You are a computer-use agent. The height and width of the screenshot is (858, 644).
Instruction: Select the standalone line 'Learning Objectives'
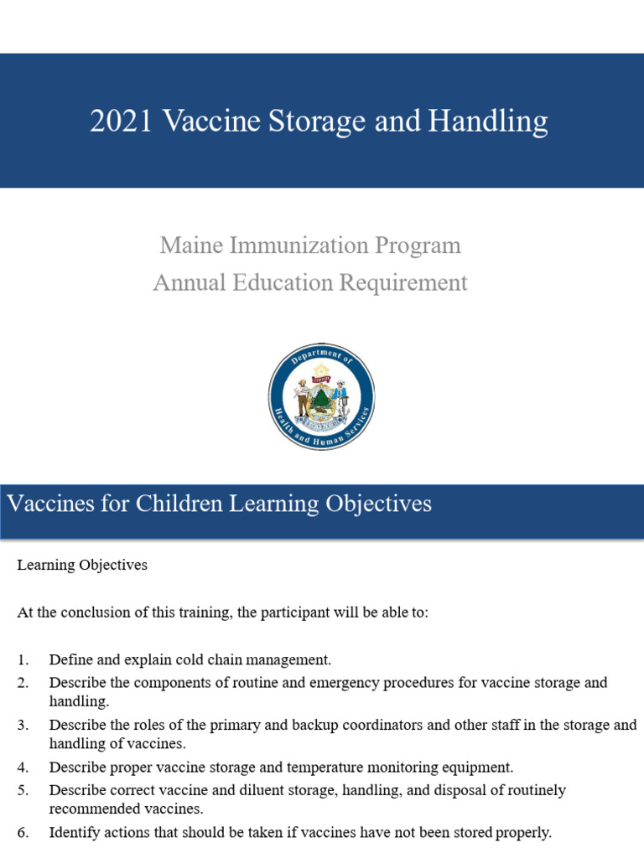82,565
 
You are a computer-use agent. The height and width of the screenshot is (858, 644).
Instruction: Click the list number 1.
22,659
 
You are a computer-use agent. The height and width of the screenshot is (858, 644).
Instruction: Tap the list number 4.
22,767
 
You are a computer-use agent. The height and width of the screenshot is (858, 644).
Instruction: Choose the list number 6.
22,832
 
